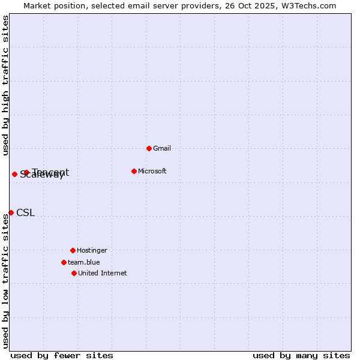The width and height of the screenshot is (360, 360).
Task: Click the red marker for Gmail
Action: [x=149, y=148]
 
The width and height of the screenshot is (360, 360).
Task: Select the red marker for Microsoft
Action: [x=134, y=171]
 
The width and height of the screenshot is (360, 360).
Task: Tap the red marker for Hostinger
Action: [x=73, y=250]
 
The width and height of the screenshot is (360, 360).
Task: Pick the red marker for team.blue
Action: [x=64, y=262]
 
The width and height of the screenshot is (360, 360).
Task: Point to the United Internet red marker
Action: [x=74, y=273]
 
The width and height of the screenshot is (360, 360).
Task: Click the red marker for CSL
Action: [x=11, y=212]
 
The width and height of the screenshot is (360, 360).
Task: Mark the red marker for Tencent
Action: [x=26, y=173]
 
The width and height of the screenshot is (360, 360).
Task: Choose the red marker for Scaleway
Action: [x=14, y=174]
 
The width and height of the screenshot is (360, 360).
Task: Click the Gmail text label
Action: [x=162, y=148]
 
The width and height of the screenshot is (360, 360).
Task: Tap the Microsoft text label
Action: [x=152, y=171]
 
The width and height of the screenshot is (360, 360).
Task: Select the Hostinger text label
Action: [x=92, y=250]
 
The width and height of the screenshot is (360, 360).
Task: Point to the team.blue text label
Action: [x=84, y=262]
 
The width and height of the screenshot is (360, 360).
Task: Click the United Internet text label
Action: [x=103, y=273]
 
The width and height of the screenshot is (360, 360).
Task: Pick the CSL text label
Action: [x=25, y=212]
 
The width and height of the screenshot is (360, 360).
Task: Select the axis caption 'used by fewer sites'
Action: [x=62, y=355]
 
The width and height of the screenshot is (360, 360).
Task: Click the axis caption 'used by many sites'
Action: [x=301, y=355]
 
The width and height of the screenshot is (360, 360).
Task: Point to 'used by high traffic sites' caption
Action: [x=5, y=85]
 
